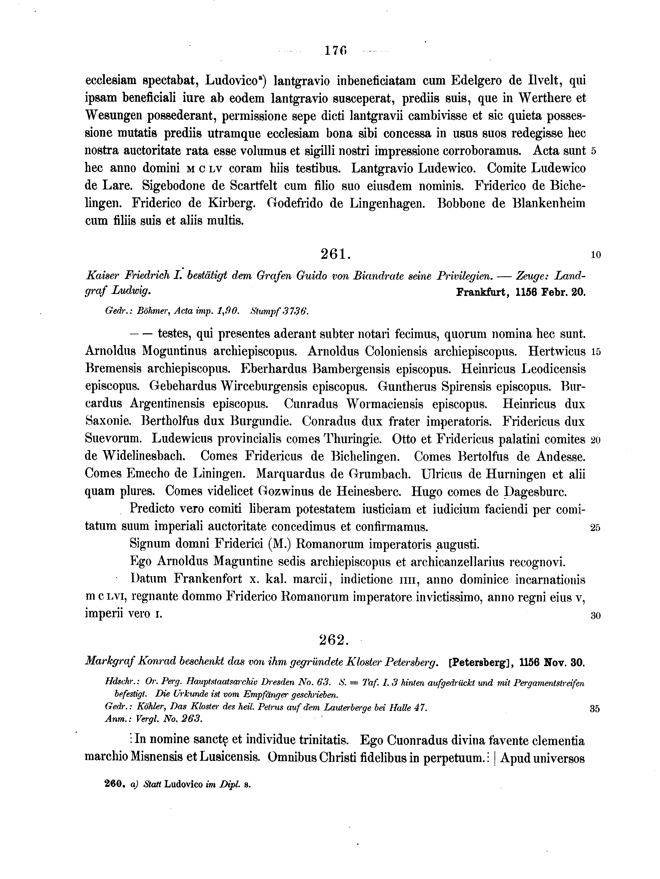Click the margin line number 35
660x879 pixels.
pos(594,709)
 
